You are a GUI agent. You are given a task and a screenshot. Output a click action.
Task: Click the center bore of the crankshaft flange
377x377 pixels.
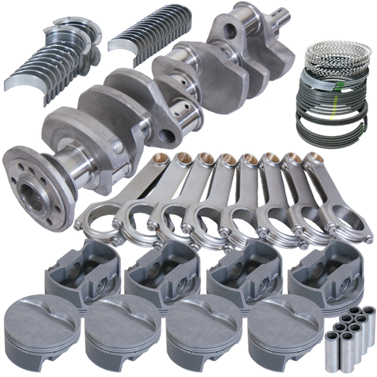(x=29, y=191)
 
